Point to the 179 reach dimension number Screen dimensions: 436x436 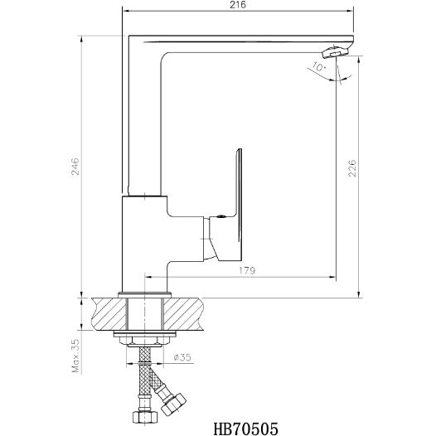point(246,269)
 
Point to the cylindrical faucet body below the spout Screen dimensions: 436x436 point(145,245)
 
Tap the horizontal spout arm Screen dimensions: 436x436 point(249,41)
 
